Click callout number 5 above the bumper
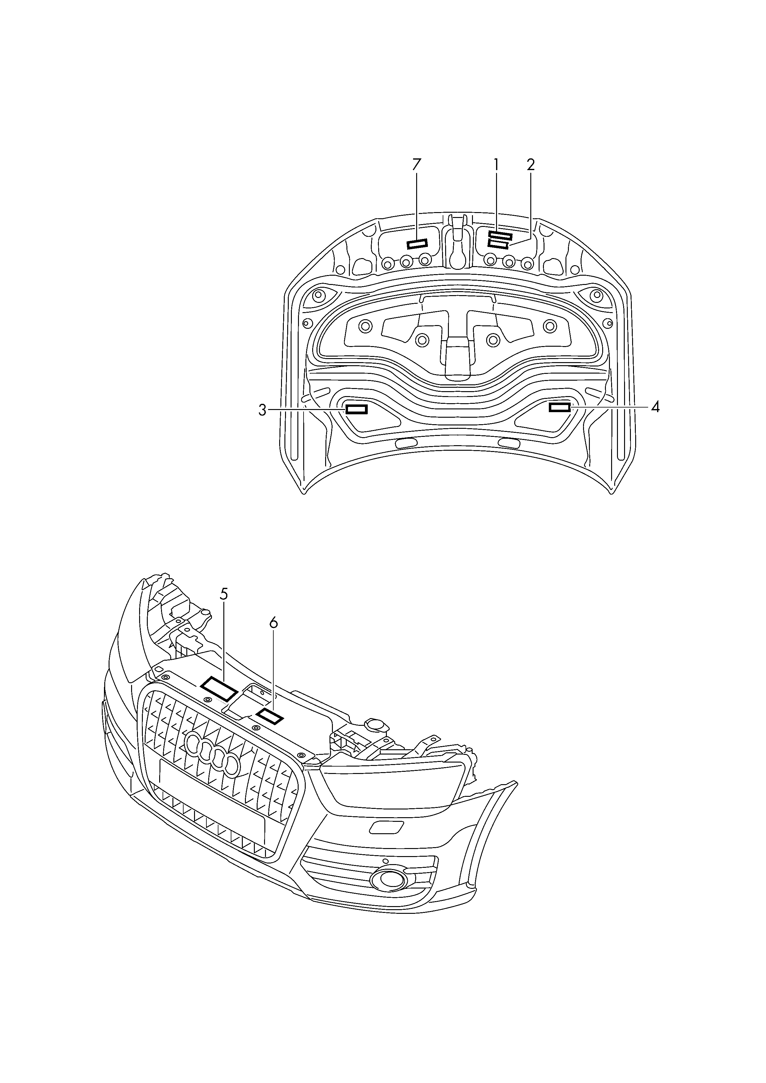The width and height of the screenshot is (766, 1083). tap(224, 594)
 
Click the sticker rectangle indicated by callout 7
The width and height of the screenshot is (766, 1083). tap(417, 244)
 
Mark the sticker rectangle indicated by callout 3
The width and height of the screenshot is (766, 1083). tap(357, 409)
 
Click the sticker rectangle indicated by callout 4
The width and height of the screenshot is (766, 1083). tap(560, 407)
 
